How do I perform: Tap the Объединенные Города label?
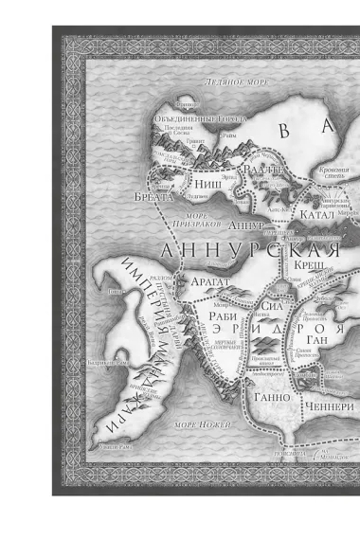199,118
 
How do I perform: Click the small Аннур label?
245,226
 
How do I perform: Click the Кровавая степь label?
333,172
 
